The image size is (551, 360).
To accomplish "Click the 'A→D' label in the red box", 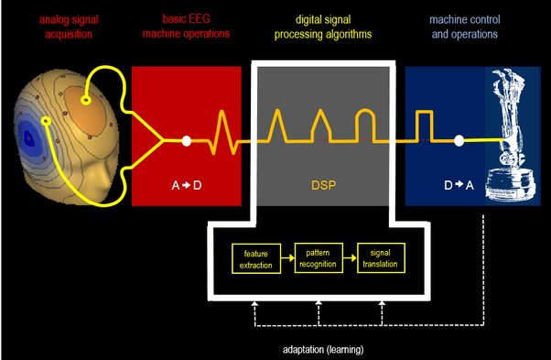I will coord(186,186).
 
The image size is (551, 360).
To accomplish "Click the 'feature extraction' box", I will coord(251,257).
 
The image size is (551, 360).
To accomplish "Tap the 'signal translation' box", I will coord(379,257).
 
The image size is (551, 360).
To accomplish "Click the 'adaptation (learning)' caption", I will coord(323,349).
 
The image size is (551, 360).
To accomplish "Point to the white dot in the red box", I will coord(187,141).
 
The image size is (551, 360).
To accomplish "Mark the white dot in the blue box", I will coord(459,141).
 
